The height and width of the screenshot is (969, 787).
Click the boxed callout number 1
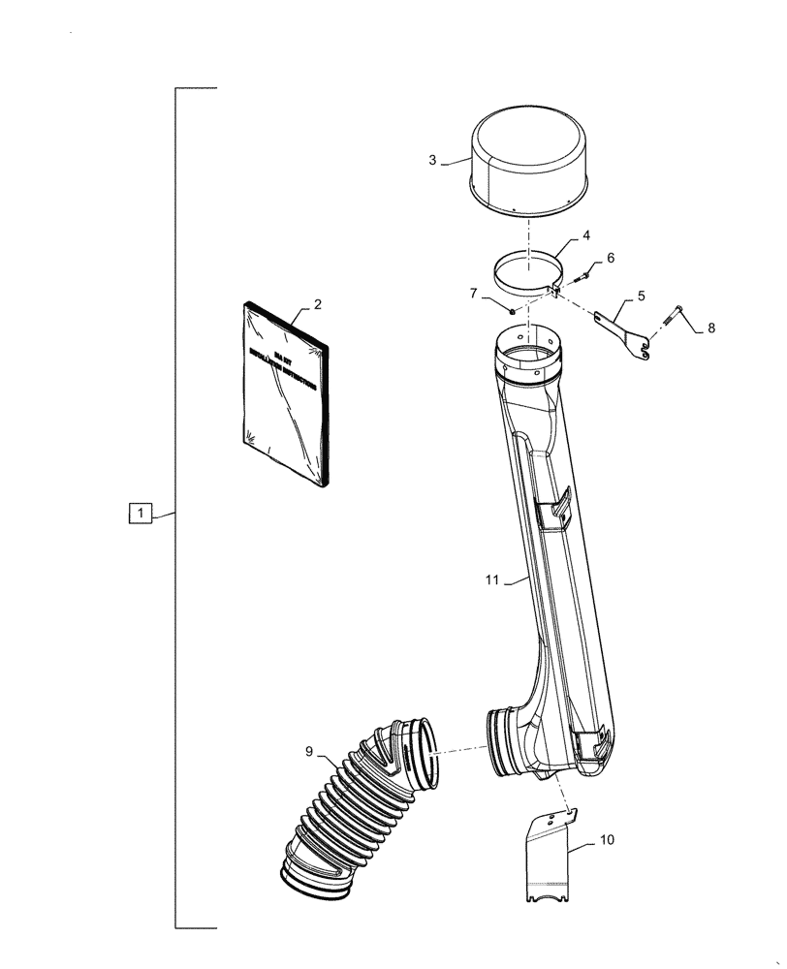click(141, 513)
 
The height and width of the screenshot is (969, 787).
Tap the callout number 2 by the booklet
click(317, 303)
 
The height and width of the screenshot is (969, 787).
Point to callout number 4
click(586, 235)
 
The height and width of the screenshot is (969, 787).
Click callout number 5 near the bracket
click(641, 294)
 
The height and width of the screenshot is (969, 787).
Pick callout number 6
click(610, 258)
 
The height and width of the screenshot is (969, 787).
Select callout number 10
click(606, 840)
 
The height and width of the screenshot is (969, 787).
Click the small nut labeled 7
click(512, 310)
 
